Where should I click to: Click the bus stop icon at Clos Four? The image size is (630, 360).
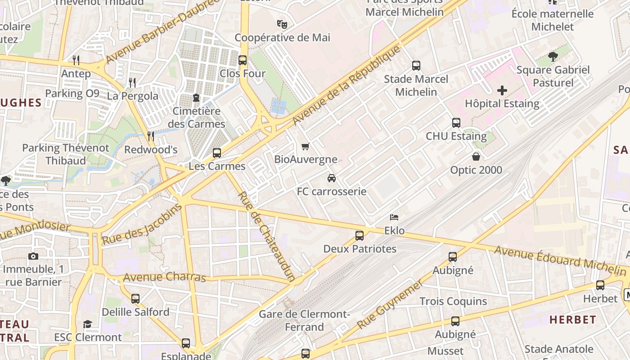tap(243, 60)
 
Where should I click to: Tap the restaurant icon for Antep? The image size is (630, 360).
tap(76, 60)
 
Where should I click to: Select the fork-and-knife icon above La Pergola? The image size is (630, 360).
tap(132, 82)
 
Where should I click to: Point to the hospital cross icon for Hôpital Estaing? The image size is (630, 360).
tap(502, 90)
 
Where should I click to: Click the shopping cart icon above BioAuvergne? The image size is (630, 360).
tap(306, 146)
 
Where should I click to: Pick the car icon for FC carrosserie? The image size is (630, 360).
tap(332, 178)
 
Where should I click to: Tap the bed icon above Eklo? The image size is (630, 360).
tap(394, 217)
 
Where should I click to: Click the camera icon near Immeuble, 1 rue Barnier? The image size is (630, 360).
tap(33, 256)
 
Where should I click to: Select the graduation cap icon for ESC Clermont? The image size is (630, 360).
tap(88, 324)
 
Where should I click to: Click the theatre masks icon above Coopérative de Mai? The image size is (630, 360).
tap(282, 24)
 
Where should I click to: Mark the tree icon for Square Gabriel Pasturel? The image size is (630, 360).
tap(553, 57)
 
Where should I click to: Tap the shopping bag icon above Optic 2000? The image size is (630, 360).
tap(476, 157)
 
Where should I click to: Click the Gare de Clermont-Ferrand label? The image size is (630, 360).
tap(304, 320)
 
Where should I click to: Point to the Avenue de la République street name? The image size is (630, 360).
tap(346, 85)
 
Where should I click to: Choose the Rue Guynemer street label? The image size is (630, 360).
tap(390, 305)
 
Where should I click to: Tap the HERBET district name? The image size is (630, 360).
tap(573, 320)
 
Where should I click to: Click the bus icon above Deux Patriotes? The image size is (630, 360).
tap(360, 235)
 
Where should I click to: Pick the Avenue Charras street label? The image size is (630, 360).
tap(164, 277)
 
